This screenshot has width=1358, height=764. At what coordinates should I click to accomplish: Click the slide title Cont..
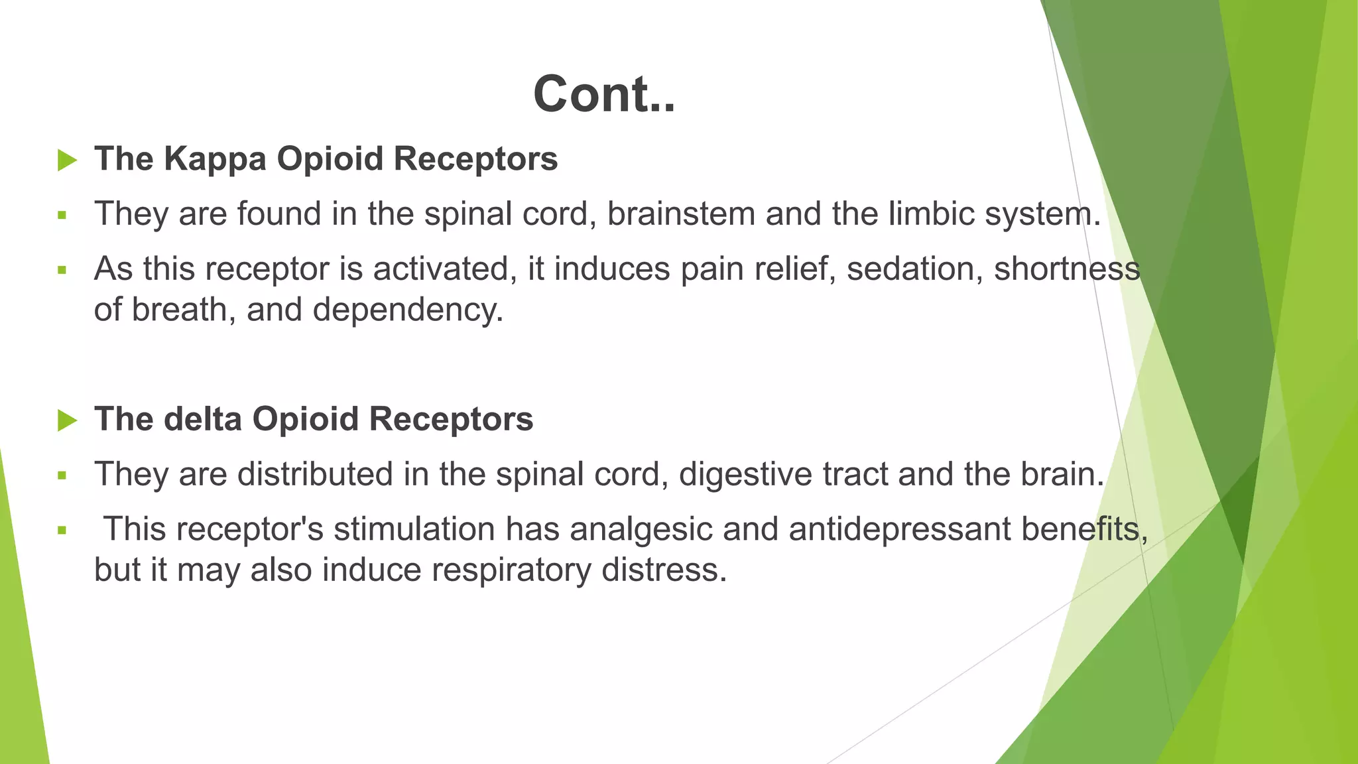pos(603,94)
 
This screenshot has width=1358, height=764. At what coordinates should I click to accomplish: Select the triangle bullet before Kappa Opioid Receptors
pos(67,160)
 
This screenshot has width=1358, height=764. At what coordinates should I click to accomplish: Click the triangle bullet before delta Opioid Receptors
pos(67,420)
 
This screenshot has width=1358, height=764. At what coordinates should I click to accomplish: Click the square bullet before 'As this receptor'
pos(62,270)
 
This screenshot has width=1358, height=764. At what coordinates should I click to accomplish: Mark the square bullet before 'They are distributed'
pos(62,475)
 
